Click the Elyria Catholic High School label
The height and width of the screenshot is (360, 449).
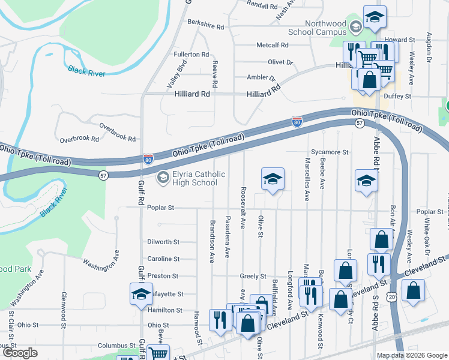(x=190, y=179)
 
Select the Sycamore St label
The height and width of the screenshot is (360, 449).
(x=330, y=152)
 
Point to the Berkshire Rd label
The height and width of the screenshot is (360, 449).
(x=205, y=27)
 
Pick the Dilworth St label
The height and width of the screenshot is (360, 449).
(x=163, y=242)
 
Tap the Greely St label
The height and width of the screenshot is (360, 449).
(x=253, y=277)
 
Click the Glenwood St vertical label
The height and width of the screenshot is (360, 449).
(x=63, y=311)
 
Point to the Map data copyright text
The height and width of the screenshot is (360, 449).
(x=412, y=355)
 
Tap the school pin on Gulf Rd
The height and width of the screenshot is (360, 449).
(x=141, y=294)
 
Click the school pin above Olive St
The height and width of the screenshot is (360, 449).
(x=272, y=179)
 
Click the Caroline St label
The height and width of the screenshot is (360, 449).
(x=163, y=259)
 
